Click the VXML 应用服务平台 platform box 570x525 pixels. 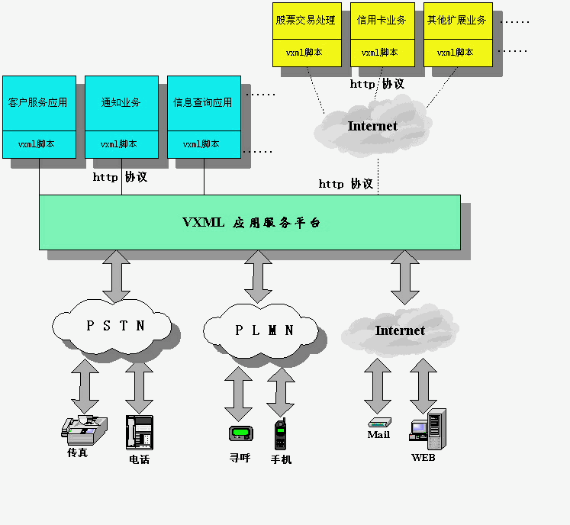(250, 222)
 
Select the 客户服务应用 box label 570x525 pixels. (39, 102)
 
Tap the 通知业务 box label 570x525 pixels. (121, 102)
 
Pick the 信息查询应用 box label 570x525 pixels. (204, 102)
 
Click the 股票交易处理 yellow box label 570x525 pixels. (306, 21)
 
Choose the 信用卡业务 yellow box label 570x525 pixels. (382, 21)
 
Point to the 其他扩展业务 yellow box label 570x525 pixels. (457, 21)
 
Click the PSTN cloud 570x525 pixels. (116, 326)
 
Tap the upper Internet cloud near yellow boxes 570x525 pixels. (372, 126)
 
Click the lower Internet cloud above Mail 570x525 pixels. (399, 330)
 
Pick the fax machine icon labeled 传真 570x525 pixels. (83, 430)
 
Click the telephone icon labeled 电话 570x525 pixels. (139, 433)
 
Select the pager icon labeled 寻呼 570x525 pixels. (240, 433)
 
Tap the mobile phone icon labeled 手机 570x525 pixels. (281, 435)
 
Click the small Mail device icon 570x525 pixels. (378, 422)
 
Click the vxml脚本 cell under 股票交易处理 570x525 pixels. (306, 53)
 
